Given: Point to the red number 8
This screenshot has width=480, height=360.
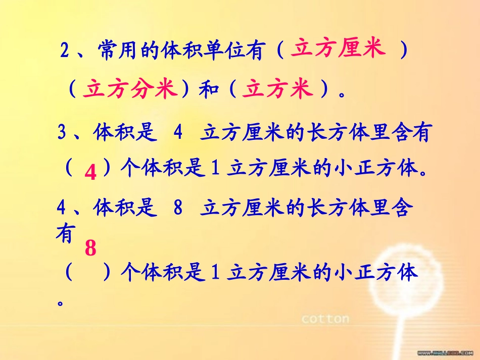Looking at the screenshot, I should tap(90, 248).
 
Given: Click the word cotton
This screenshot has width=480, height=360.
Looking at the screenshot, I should tap(325, 319).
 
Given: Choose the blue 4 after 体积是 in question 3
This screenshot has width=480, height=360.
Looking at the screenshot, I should tap(177, 133).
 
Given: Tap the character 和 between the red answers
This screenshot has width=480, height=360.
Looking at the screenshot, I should tap(207, 90).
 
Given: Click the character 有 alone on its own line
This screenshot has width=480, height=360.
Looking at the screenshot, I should tap(65, 234).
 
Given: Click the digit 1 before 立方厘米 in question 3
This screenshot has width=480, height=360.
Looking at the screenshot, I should tap(214, 168).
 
